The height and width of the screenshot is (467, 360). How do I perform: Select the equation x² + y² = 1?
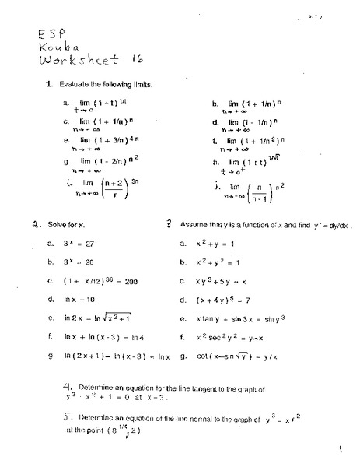coord(218,262)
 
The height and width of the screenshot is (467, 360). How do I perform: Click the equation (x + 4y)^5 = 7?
coord(222,299)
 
